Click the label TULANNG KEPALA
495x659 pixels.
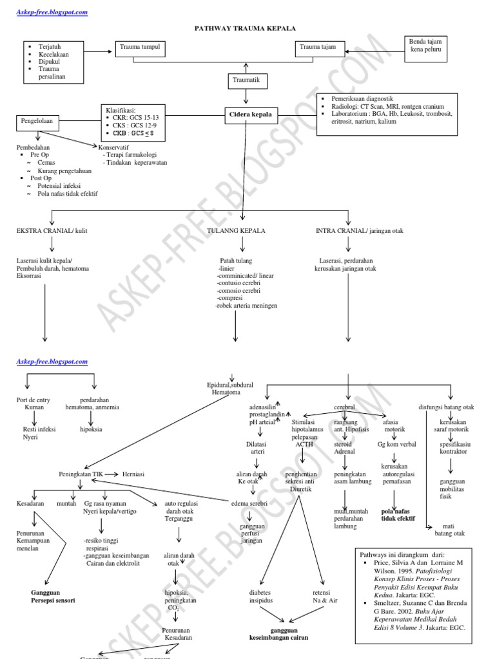(x=236, y=230)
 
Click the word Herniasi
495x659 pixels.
(x=133, y=474)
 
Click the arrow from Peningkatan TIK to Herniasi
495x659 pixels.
(x=113, y=474)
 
